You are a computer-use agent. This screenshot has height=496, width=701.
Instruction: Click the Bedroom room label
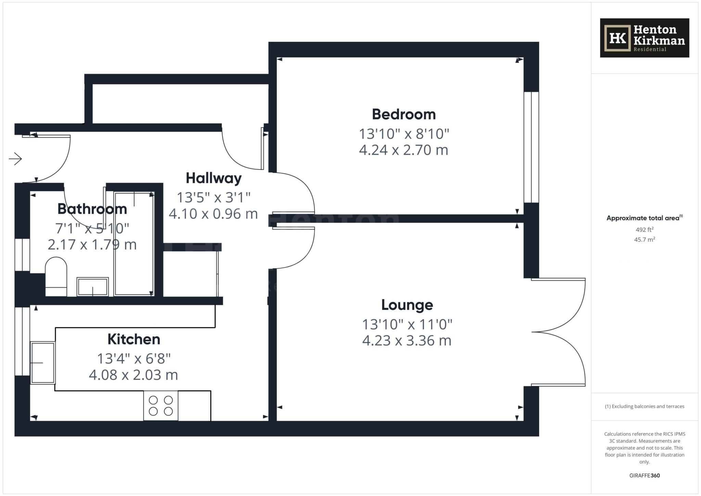(x=404, y=114)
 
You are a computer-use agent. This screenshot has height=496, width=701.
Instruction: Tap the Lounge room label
(x=407, y=305)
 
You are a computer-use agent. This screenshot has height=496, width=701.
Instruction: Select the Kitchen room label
(x=134, y=339)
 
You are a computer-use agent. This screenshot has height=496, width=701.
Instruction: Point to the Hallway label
(x=214, y=178)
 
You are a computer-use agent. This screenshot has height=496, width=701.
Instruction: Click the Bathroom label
(x=92, y=209)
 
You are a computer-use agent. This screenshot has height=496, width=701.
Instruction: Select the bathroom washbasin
(x=92, y=287)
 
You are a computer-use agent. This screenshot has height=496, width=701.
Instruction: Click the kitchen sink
(x=43, y=363)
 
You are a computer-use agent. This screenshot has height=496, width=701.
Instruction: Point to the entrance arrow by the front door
(x=15, y=159)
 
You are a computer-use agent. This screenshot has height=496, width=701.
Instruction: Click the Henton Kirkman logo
(x=644, y=38)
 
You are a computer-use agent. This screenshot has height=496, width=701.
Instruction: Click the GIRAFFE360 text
(x=644, y=475)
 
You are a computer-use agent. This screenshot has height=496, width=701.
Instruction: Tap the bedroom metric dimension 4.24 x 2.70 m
(x=404, y=150)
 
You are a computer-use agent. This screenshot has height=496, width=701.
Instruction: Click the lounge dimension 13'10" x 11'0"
(x=407, y=324)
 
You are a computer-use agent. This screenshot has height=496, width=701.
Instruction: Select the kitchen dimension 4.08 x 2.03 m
(x=133, y=375)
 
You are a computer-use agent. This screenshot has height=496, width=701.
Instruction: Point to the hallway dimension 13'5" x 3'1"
(x=214, y=198)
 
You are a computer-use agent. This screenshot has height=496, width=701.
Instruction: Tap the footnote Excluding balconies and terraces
(x=644, y=406)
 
